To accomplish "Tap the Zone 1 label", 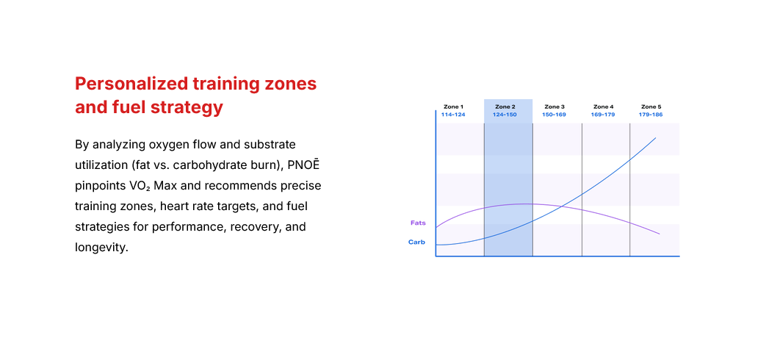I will pyautogui.click(x=452, y=107).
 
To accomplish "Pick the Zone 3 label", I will pyautogui.click(x=554, y=107).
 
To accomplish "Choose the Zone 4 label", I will pyautogui.click(x=603, y=107).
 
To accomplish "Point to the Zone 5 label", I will pyautogui.click(x=651, y=107).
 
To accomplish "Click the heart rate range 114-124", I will pyautogui.click(x=452, y=115).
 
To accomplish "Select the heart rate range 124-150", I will pyautogui.click(x=505, y=115).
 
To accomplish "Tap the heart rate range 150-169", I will pyautogui.click(x=554, y=115).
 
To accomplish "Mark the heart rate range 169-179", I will pyautogui.click(x=603, y=115).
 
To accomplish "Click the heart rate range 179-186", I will pyautogui.click(x=651, y=115).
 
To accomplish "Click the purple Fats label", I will pyautogui.click(x=418, y=222).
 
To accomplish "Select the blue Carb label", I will pyautogui.click(x=416, y=242).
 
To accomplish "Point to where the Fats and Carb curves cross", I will pyautogui.click(x=562, y=206).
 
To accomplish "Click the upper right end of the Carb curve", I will pyautogui.click(x=655, y=138).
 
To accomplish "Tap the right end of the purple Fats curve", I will pyautogui.click(x=659, y=234).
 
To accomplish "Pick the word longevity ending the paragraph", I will pyautogui.click(x=101, y=247).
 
